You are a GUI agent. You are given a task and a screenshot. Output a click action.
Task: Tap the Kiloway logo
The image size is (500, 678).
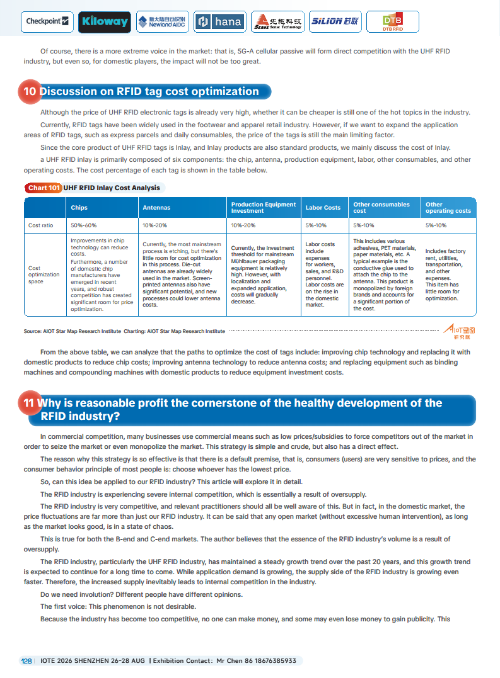pos(105,22)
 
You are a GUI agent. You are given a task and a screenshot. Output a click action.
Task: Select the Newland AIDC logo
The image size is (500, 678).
pos(162,22)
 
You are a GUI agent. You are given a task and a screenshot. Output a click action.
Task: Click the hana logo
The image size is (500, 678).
pos(219,22)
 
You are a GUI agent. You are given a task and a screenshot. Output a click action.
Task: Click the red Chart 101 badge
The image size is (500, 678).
pos(44,188)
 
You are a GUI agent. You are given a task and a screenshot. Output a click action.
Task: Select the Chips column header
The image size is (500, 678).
pos(79,207)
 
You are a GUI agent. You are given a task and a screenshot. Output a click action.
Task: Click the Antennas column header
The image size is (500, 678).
pos(156,207)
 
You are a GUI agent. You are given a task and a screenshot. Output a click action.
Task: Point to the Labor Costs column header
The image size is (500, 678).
pos(323,207)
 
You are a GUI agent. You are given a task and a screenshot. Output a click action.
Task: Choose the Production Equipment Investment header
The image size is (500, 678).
pos(263,207)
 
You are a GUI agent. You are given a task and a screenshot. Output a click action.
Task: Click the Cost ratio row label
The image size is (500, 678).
pos(40,225)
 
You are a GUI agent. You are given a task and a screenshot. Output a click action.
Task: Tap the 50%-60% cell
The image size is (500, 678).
pos(83,225)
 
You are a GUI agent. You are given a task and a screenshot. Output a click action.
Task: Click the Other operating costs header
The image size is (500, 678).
pos(448,207)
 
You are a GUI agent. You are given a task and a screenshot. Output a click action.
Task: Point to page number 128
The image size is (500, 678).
pos(27,660)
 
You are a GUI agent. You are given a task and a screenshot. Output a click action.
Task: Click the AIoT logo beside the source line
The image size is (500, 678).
pos(459,332)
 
